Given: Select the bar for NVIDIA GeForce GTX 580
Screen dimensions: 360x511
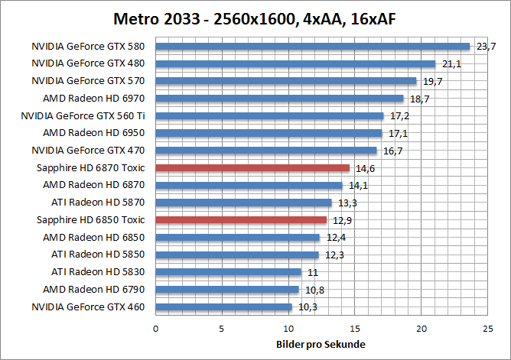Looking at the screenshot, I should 312,46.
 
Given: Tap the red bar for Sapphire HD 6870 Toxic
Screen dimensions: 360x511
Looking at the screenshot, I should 252,167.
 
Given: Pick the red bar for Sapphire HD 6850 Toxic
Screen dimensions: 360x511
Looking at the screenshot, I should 241,220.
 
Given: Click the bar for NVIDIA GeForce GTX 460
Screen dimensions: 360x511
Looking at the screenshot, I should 223,307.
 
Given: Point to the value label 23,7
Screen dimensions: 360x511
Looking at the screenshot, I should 486,47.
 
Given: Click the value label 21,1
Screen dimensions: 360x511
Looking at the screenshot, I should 451,64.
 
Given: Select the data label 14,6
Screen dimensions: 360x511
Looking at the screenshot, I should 366,168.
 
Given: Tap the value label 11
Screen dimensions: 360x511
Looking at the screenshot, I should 312,272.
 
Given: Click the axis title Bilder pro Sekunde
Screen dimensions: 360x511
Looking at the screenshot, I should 321,344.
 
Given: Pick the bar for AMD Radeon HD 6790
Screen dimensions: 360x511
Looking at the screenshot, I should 227,290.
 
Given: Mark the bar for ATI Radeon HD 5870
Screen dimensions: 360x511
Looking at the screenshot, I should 243,203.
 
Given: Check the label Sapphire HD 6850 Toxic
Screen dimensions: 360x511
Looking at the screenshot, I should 90,219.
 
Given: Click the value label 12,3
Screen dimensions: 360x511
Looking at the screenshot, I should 334,255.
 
